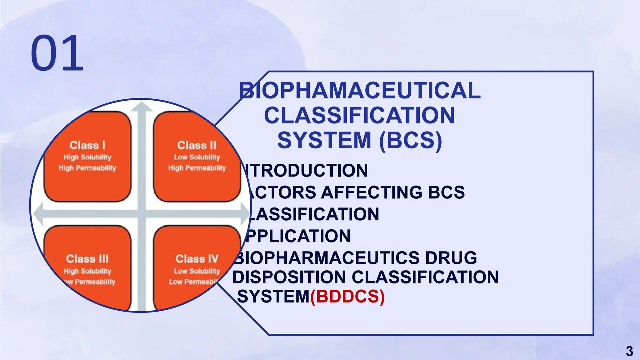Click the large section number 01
(x=57, y=53)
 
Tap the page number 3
(x=629, y=351)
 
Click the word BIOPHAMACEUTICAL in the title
(x=360, y=91)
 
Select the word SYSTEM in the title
(x=324, y=140)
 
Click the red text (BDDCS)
(x=347, y=296)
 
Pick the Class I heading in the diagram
(x=87, y=145)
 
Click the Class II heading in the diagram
(x=197, y=145)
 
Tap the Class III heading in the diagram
(x=87, y=259)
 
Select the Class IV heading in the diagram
(x=197, y=259)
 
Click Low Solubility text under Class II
(x=197, y=157)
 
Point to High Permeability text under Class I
(x=87, y=168)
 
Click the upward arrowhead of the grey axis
(x=142, y=107)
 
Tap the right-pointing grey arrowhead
(x=245, y=214)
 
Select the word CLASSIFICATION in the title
(x=360, y=116)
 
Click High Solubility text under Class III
(x=87, y=271)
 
